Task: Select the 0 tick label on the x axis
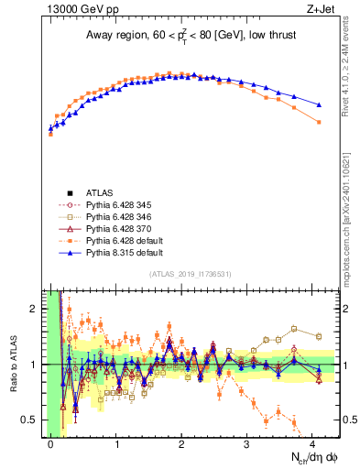[x=50, y=444]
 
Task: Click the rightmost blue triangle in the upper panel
[x=319, y=105]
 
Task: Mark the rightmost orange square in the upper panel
[x=319, y=122]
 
